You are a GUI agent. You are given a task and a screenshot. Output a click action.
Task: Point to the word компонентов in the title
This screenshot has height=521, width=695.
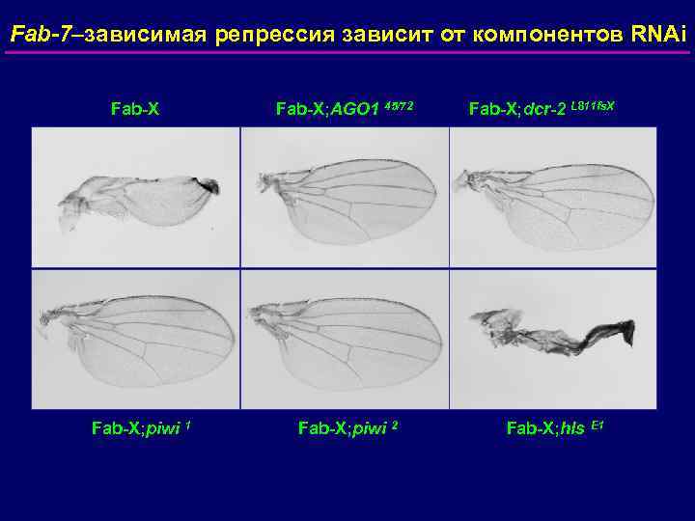click(x=523, y=36)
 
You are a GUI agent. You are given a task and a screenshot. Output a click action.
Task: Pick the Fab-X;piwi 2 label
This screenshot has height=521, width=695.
click(x=343, y=425)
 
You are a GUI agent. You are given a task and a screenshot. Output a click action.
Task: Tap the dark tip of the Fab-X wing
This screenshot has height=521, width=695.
click(x=208, y=184)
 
